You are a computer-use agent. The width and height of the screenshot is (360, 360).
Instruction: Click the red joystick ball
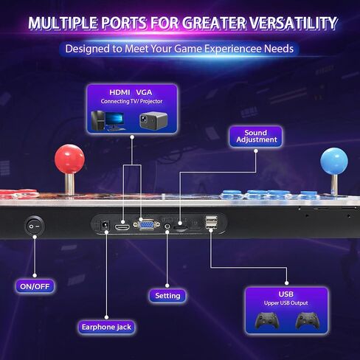[69, 159]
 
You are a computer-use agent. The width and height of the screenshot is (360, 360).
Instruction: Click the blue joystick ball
[334, 161]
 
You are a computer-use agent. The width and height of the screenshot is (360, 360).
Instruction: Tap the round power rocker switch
[35, 226]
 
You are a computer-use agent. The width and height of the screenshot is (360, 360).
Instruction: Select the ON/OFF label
[35, 286]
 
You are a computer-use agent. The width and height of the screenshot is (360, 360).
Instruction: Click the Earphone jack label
[106, 327]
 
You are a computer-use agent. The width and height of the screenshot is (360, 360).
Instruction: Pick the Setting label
[167, 295]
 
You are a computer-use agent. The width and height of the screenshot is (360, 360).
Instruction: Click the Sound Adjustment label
[256, 136]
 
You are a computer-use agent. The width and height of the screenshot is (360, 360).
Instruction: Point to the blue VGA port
[147, 224]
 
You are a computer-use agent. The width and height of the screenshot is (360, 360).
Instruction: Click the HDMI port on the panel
[122, 227]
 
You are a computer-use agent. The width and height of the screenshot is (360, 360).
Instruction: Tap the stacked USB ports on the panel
[211, 223]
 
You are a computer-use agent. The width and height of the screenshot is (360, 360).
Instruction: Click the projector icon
[153, 120]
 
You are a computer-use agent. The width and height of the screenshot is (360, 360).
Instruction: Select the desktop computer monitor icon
[114, 121]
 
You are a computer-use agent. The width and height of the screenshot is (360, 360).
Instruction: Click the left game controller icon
[267, 321]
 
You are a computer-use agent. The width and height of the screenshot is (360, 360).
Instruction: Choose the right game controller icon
[308, 321]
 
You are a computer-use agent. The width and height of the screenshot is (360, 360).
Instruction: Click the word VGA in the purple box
[144, 92]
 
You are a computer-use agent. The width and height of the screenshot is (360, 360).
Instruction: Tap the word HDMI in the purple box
[120, 92]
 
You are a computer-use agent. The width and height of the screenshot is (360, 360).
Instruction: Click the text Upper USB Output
[286, 303]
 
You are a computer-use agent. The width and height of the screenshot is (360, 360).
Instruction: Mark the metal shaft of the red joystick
[69, 184]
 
